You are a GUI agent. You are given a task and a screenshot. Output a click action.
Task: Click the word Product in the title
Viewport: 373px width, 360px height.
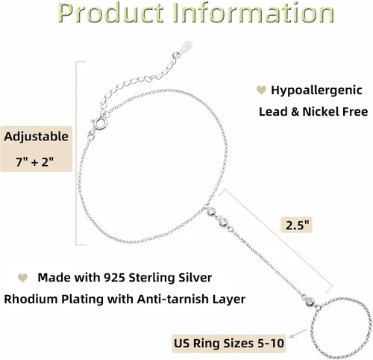[110, 13]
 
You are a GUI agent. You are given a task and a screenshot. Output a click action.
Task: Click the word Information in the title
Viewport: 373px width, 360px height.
[253, 13]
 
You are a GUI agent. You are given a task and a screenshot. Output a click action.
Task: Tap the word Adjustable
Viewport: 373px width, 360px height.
[36, 137]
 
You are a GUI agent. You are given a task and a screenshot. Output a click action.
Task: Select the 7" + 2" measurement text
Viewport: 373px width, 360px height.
[35, 162]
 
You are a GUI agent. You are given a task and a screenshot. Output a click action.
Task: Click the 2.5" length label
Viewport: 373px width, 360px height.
[297, 226]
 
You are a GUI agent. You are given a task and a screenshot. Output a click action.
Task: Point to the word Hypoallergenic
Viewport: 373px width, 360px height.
[316, 90]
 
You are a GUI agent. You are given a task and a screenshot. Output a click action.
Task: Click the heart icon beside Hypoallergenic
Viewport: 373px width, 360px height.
[261, 90]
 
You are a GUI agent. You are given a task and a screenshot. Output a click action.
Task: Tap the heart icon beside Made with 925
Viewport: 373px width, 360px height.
[22, 278]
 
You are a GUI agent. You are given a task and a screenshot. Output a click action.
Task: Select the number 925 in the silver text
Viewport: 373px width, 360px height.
[114, 278]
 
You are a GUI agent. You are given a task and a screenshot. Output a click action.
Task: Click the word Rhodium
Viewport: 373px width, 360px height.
[31, 299]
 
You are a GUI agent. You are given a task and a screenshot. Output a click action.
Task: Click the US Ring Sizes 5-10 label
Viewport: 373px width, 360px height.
[229, 344]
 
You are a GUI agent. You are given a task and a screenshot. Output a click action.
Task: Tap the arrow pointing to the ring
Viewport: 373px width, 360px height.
[298, 334]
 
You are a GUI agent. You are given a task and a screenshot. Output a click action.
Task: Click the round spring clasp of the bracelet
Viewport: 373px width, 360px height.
[99, 124]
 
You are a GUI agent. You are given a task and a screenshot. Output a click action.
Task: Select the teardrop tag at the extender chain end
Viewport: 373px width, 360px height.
[186, 46]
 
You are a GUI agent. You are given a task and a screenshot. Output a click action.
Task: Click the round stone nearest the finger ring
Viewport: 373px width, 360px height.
[310, 301]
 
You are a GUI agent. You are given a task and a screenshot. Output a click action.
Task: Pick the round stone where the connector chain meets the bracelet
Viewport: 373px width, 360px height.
[212, 211]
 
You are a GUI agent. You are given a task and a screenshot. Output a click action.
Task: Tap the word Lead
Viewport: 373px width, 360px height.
[273, 111]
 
